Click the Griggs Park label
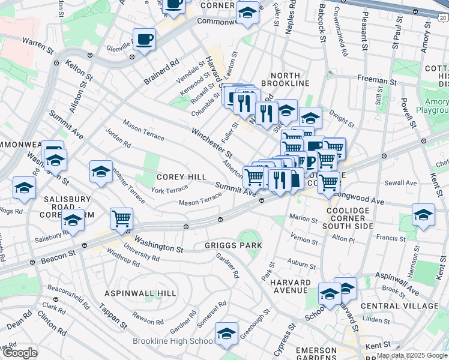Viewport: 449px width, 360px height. pos(233,245)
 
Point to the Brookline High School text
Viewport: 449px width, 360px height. pos(172,341)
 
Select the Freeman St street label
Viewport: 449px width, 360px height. pos(377,79)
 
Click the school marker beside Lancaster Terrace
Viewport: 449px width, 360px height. pos(101,171)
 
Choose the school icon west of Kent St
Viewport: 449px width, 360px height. pos(423,214)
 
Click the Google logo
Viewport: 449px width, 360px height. pos(20,353)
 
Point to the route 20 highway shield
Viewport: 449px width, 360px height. pos(442,19)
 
